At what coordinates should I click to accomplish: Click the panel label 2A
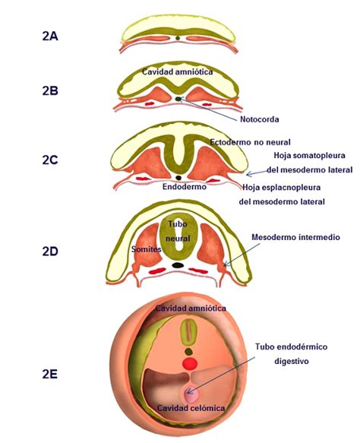(x=50, y=36)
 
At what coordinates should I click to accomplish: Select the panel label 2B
(x=50, y=91)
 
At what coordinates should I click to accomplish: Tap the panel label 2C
(x=50, y=160)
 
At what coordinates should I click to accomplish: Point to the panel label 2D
(x=50, y=252)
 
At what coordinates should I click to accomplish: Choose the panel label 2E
(x=49, y=375)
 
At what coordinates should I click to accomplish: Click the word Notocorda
(x=260, y=119)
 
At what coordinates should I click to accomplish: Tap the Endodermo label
(x=185, y=187)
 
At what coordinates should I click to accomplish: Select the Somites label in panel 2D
(x=147, y=249)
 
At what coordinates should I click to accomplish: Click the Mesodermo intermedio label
(x=295, y=237)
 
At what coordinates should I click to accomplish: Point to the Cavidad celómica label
(x=191, y=408)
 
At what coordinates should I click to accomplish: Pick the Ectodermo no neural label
(x=250, y=142)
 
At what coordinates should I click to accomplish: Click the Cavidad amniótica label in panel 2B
(x=177, y=71)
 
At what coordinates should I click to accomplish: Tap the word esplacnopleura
(x=292, y=188)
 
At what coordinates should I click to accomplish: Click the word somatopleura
(x=321, y=156)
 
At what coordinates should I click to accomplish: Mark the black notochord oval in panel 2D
(x=178, y=265)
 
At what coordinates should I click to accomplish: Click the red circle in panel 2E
(x=189, y=363)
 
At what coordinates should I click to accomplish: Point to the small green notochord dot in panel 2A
(x=178, y=37)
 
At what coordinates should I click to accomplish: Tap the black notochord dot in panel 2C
(x=178, y=178)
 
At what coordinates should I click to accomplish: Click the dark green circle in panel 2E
(x=188, y=352)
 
